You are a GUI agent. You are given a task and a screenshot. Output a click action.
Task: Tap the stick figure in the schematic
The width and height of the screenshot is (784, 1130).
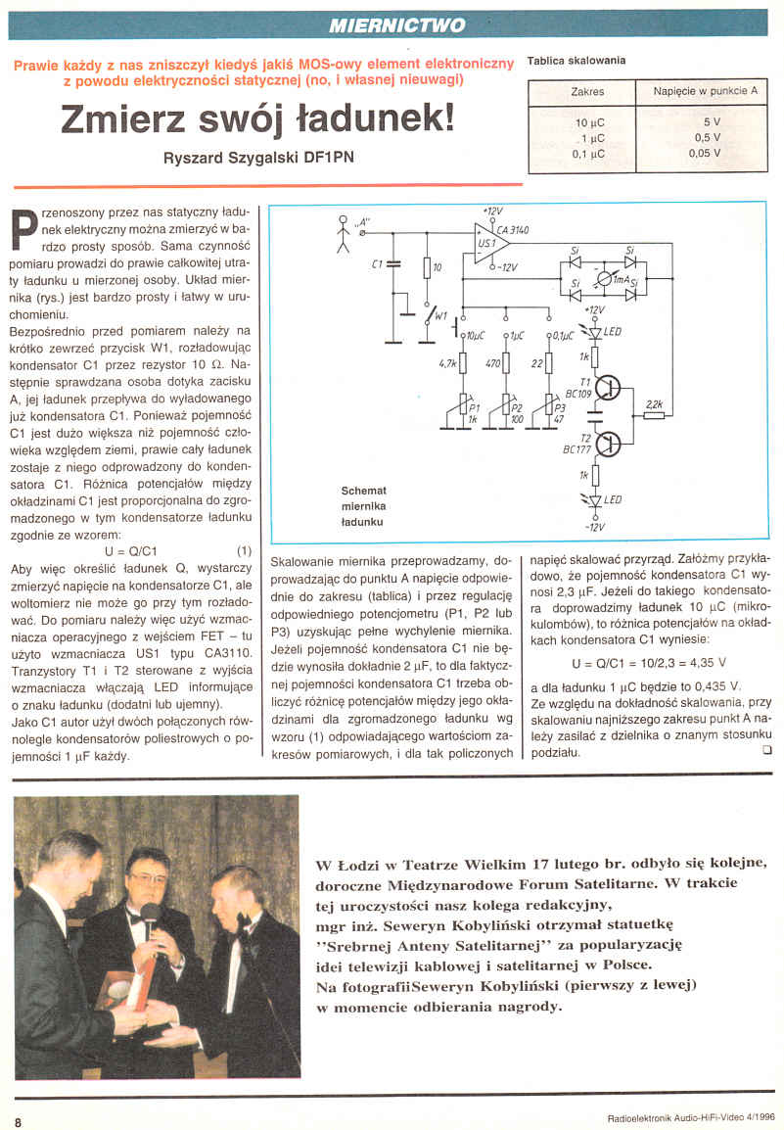(343, 233)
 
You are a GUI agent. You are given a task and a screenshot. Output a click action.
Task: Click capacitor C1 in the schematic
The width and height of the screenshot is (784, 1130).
(393, 265)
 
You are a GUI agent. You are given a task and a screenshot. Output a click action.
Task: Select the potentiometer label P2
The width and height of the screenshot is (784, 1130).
(518, 406)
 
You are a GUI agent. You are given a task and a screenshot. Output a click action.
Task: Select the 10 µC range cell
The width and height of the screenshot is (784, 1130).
(590, 123)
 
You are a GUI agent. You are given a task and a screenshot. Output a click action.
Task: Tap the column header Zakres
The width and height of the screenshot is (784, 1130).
(587, 92)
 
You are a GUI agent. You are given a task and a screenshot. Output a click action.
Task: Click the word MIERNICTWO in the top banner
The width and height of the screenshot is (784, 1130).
(397, 24)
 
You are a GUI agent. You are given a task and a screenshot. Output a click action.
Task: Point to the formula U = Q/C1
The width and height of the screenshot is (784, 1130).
(130, 549)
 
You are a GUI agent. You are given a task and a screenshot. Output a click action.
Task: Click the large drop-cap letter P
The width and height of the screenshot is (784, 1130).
(27, 227)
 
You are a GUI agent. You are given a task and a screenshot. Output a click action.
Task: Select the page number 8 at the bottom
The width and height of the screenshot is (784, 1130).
(18, 1120)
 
